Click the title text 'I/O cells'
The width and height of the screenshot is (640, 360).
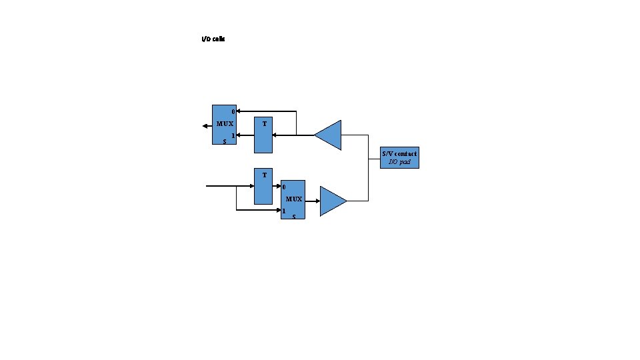[213, 39]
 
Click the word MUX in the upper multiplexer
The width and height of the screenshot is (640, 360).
[225, 124]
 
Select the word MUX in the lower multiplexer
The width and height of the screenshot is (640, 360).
[294, 199]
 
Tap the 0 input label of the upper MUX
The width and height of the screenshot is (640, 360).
[232, 111]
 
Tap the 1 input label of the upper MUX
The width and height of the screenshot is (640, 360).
[232, 135]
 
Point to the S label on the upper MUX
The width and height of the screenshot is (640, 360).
[225, 141]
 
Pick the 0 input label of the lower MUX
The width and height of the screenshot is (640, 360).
[284, 187]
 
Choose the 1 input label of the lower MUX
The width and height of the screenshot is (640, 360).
[284, 211]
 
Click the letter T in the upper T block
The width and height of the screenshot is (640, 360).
[265, 124]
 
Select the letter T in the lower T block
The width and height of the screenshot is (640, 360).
[265, 175]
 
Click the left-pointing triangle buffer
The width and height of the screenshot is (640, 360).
[329, 135]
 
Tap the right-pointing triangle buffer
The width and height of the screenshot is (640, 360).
[332, 201]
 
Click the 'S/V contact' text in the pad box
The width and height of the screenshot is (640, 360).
[399, 154]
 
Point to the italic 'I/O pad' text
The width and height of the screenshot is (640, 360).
[399, 163]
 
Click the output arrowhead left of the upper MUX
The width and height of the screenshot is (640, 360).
[205, 125]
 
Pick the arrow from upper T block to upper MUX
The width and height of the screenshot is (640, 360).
[245, 135]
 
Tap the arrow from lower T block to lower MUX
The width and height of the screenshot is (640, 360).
[277, 187]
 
